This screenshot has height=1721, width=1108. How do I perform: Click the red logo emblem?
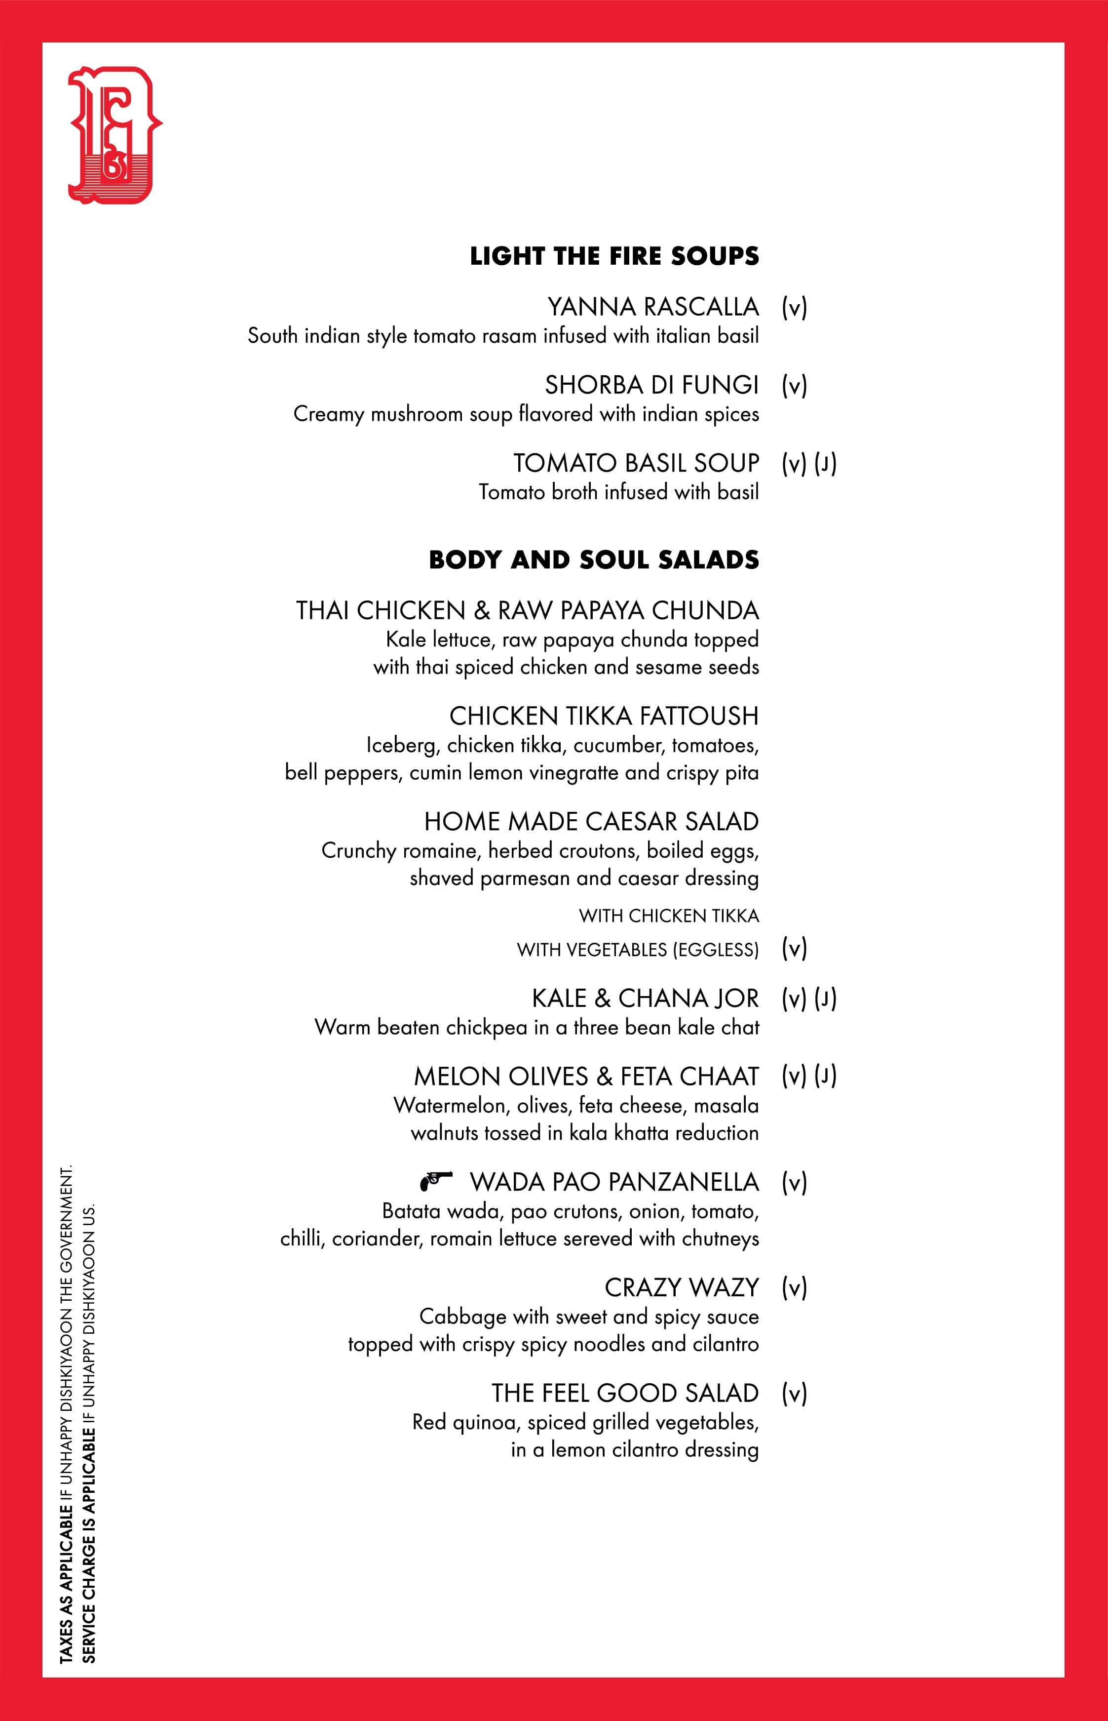tap(114, 135)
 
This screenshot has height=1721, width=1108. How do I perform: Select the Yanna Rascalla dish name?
tap(652, 307)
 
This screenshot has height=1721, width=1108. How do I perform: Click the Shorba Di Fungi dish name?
tap(651, 385)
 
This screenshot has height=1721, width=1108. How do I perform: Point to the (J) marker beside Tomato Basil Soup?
tap(825, 464)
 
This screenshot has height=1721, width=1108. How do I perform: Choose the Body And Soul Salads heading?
tap(594, 560)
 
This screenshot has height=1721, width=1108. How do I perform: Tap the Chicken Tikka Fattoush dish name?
tap(604, 716)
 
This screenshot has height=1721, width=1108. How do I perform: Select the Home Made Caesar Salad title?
tap(591, 821)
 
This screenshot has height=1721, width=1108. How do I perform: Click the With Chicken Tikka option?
tap(668, 916)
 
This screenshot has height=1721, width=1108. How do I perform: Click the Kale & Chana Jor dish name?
tap(645, 999)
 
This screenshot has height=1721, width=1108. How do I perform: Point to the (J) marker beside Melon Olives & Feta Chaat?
tap(825, 1076)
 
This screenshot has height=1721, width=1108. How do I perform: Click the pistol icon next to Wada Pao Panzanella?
tap(436, 1180)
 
